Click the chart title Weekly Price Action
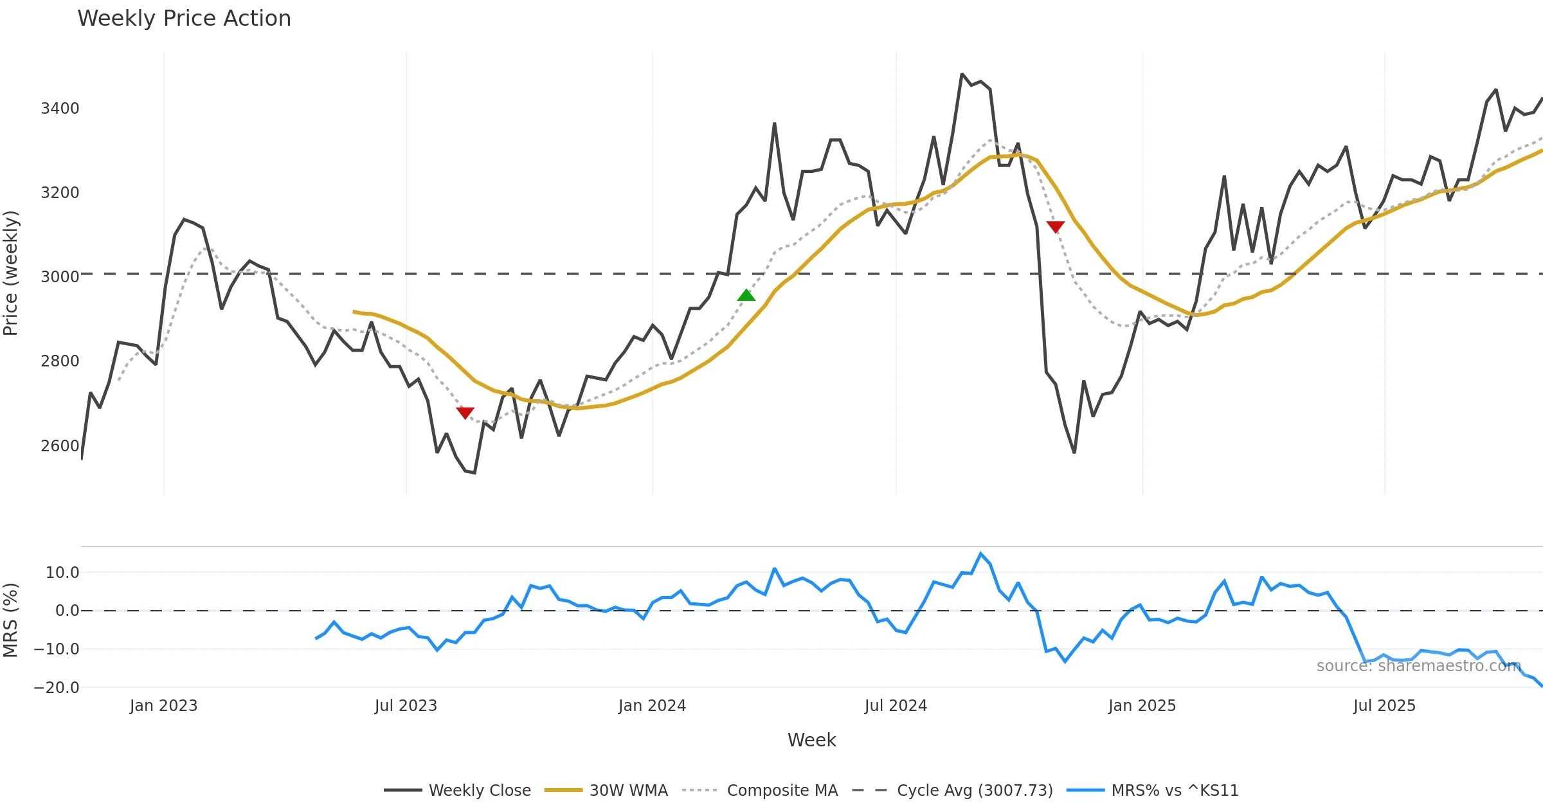coord(184,19)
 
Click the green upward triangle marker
coord(746,295)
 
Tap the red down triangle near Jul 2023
coord(465,412)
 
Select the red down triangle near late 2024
coord(1056,226)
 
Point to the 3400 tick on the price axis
coord(60,108)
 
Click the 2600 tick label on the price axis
coord(60,446)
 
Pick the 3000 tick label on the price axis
coord(60,276)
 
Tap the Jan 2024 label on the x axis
coord(652,705)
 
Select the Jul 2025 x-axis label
coord(1384,705)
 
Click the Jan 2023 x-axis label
coord(163,705)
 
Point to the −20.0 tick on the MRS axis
coord(57,687)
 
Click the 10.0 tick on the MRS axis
coord(62,572)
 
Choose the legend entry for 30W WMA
coord(628,790)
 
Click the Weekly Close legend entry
coord(480,790)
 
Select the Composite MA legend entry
coord(782,790)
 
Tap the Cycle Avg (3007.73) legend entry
coord(975,790)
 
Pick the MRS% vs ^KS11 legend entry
coord(1175,790)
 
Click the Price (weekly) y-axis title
coord(11,273)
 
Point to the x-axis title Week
coord(811,740)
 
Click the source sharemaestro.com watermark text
coord(1418,665)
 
